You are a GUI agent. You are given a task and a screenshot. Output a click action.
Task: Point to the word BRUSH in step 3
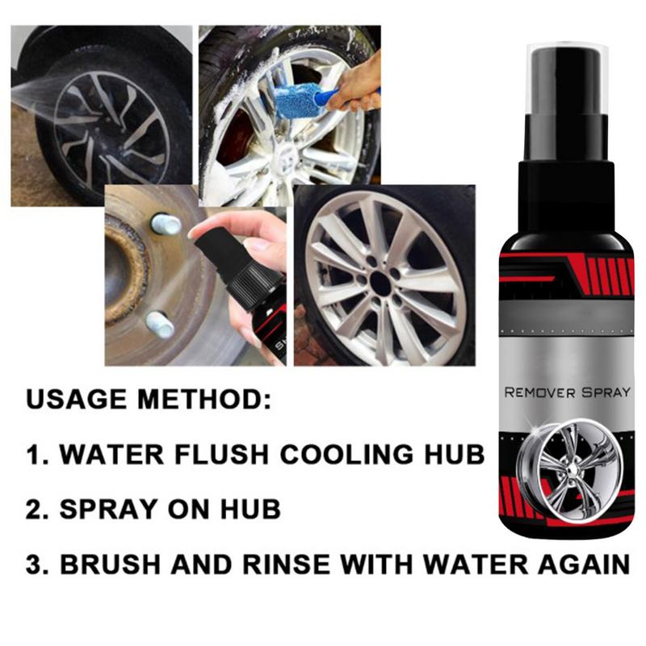pyautogui.click(x=111, y=563)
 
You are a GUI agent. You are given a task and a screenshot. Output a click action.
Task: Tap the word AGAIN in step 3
pyautogui.click(x=581, y=563)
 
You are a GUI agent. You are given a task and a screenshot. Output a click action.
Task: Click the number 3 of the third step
pyautogui.click(x=36, y=563)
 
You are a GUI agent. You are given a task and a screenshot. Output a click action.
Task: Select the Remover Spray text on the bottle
pyautogui.click(x=567, y=393)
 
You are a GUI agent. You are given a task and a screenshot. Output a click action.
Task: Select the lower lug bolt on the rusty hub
pyautogui.click(x=160, y=325)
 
